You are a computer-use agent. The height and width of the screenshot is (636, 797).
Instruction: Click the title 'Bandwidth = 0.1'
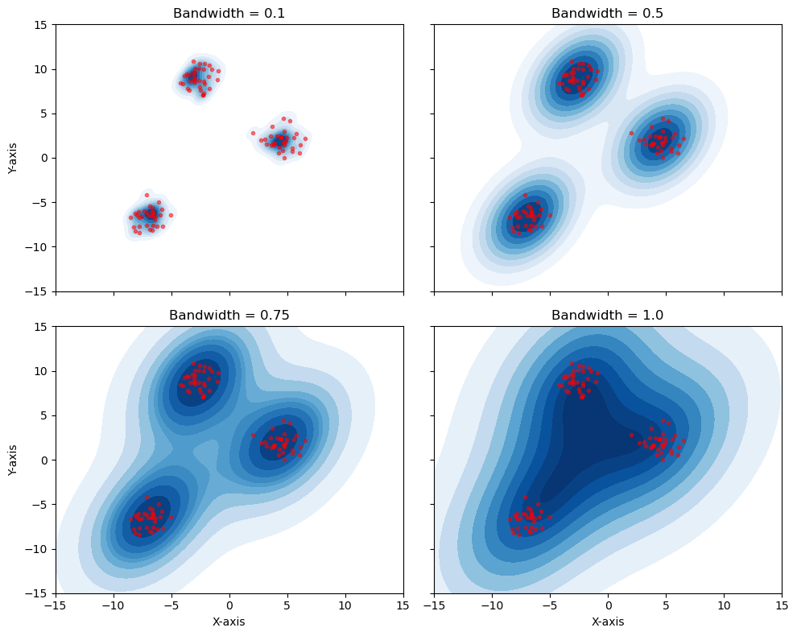point(229,14)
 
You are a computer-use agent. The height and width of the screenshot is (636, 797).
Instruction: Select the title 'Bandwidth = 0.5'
point(608,14)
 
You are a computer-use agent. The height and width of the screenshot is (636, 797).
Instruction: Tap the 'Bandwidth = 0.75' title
point(229,316)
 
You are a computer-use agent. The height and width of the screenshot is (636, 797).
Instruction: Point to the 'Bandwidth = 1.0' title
point(608,316)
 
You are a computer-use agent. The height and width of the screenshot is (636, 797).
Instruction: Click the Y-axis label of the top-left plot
point(12,158)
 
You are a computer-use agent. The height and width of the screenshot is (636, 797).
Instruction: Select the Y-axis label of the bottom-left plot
point(12,460)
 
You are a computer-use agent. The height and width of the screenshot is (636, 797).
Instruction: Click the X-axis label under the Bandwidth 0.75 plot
point(229,622)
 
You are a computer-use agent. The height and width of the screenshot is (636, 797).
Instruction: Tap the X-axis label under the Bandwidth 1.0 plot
point(608,622)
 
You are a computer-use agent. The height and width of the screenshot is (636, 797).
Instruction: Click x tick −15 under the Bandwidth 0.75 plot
point(56,605)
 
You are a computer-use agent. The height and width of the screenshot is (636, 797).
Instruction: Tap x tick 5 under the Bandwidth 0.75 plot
point(287,605)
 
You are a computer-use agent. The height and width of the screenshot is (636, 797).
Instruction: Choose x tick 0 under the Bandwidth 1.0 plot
point(608,605)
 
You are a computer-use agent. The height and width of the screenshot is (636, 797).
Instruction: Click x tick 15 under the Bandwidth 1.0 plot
point(782,605)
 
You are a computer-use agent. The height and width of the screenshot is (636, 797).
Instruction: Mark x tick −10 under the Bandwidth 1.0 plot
point(492,605)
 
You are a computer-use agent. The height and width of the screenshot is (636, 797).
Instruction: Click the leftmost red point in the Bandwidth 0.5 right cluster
point(631,133)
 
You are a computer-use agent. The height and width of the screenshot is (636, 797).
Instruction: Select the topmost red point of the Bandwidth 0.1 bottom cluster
point(147,195)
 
